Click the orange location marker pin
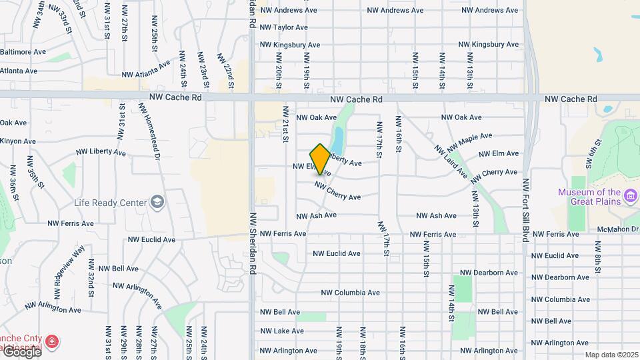(x=320, y=159)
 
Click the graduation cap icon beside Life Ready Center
(x=157, y=201)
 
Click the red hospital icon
(x=51, y=343)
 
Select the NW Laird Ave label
(x=451, y=161)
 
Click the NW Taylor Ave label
(x=284, y=27)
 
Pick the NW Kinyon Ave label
(x=18, y=141)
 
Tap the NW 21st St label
(x=285, y=123)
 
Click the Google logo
(x=21, y=351)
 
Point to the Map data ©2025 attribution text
(x=609, y=355)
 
